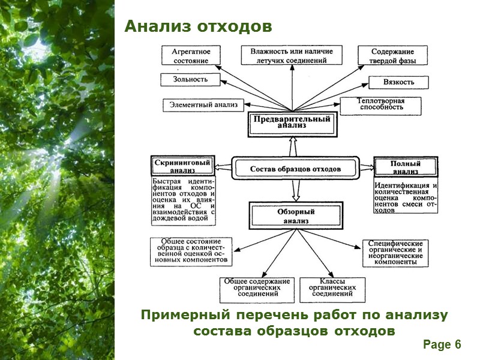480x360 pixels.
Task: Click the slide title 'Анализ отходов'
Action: pos(198,27)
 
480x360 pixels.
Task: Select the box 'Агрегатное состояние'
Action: pos(190,56)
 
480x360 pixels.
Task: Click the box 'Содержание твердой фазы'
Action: pos(392,56)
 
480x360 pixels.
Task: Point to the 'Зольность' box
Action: pos(190,79)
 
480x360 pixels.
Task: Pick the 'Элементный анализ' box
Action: pos(203,105)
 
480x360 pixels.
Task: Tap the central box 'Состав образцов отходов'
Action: pos(295,169)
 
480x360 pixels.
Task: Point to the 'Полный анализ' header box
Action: pos(406,167)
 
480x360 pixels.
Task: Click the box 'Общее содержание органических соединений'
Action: pos(257,288)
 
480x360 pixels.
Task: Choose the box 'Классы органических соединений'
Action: pos(331,288)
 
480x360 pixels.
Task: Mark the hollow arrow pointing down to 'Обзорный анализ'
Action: pos(295,191)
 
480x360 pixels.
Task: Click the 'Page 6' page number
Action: pos(442,344)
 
